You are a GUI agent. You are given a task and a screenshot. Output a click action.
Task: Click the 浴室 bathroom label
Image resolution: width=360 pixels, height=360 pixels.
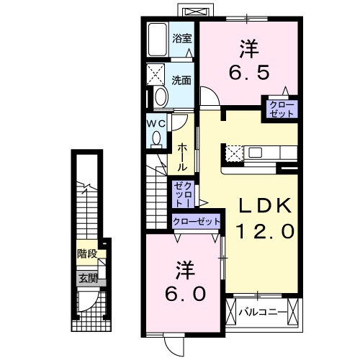pyautogui.click(x=182, y=38)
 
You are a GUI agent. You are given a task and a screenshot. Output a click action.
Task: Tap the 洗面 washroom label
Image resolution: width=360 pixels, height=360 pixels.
pyautogui.click(x=182, y=80)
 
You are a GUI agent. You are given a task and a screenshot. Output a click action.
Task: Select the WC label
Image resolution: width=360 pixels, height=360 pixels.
pyautogui.click(x=157, y=124)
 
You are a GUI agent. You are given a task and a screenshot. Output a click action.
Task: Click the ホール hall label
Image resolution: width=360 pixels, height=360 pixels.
pyautogui.click(x=183, y=154)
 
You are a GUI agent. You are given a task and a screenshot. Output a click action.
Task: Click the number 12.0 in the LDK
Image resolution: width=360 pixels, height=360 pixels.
pyautogui.click(x=265, y=232)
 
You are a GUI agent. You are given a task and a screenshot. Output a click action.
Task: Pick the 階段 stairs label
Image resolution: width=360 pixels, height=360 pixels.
pyautogui.click(x=86, y=253)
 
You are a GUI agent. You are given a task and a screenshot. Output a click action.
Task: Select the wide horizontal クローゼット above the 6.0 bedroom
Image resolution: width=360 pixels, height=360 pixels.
pyautogui.click(x=195, y=222)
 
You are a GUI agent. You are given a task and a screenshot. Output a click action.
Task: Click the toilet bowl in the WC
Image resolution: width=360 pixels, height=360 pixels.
pyautogui.click(x=156, y=140)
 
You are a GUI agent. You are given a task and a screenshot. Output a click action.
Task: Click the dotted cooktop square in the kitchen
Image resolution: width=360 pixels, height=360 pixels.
pyautogui.click(x=235, y=153)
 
